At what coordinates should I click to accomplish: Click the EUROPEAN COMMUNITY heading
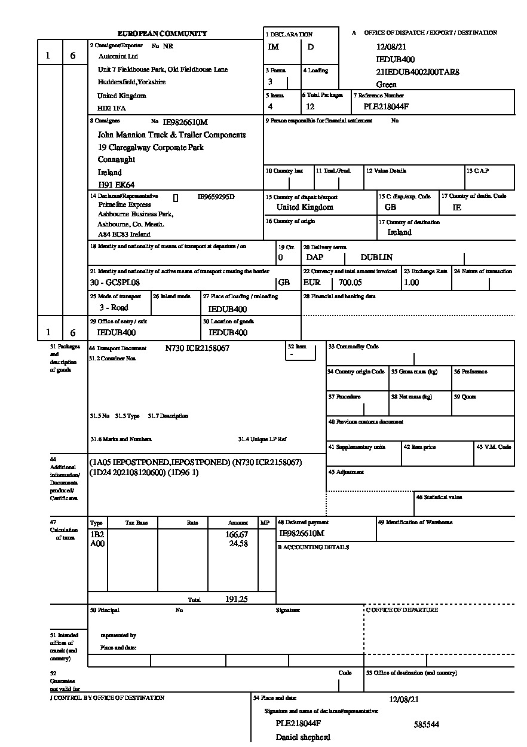pos(163,33)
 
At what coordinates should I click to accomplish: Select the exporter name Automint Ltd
pos(118,56)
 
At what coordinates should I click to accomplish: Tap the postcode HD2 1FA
pos(112,108)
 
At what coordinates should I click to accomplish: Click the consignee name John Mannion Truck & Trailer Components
pos(172,135)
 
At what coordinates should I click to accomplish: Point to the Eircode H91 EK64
pos(116,185)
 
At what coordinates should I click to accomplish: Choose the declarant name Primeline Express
pos(125,204)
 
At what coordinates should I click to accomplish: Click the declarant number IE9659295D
pos(216,196)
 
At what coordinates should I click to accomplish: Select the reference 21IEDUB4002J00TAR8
pos(418,72)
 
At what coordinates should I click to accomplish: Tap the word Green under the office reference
pos(387,85)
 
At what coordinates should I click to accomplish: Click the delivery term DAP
pos(315,258)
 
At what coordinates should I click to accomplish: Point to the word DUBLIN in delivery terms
pos(376,258)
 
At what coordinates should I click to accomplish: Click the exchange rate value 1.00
pos(411,283)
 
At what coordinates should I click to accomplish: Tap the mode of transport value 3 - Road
pos(114,308)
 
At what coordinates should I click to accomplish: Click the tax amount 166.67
pos(237,534)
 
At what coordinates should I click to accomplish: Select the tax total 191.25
pos(237,599)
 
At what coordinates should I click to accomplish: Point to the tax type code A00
pos(97,544)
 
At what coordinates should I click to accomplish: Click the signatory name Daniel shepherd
pos(303,737)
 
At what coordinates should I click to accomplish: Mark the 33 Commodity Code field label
pos(353,347)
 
